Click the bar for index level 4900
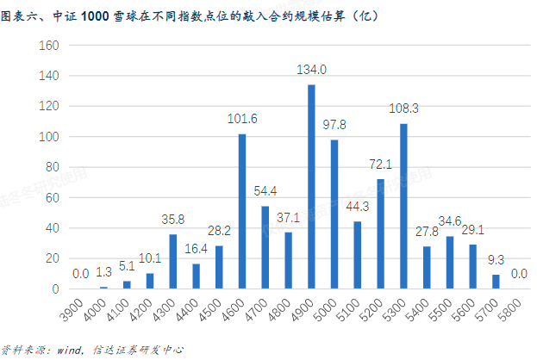click(311, 187)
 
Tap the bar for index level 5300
click(403, 206)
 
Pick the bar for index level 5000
click(334, 214)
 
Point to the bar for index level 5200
click(380, 233)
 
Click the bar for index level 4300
click(172, 261)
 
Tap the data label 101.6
click(242, 119)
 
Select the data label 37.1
click(288, 217)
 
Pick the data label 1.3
click(103, 273)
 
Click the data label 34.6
click(449, 221)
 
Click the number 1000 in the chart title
click(96, 16)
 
